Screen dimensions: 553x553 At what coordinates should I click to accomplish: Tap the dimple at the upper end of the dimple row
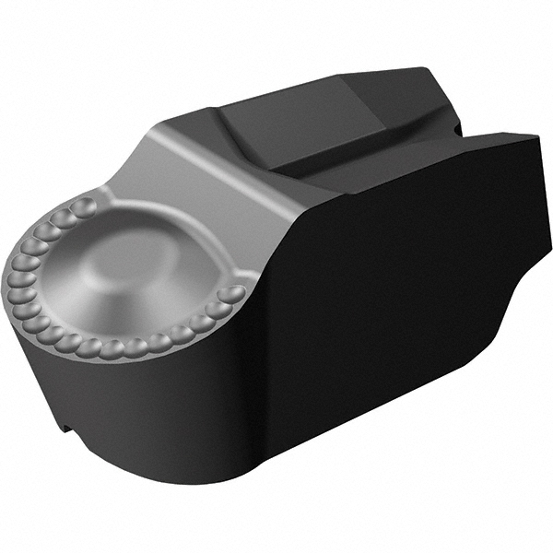click(x=85, y=205)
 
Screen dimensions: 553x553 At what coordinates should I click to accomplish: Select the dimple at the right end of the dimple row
click(x=234, y=294)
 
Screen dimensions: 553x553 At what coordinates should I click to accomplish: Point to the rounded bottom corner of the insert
click(x=230, y=479)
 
